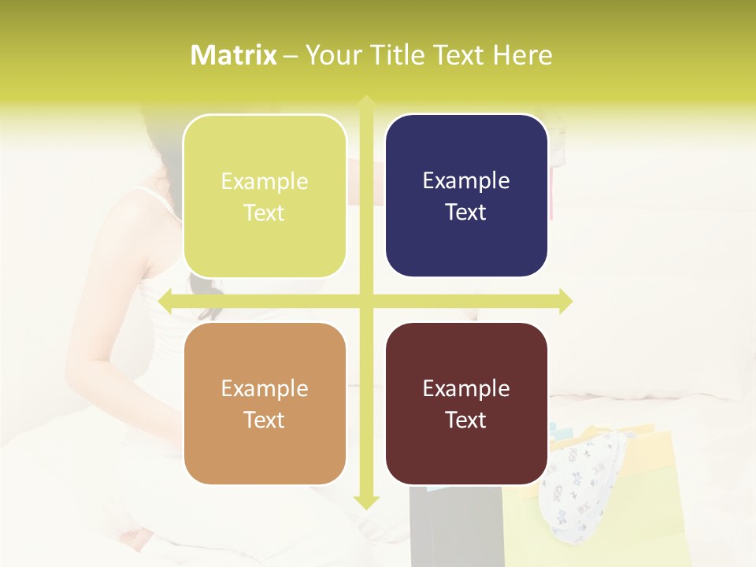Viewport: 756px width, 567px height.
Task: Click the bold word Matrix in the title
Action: point(234,55)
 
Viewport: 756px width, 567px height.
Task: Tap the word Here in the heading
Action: point(522,55)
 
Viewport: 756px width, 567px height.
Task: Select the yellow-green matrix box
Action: point(265,196)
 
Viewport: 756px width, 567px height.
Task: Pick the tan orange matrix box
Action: point(265,404)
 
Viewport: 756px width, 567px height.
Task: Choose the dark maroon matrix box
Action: point(466,403)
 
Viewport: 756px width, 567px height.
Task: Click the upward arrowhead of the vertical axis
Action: point(366,102)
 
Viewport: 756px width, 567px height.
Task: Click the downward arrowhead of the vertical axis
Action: point(366,502)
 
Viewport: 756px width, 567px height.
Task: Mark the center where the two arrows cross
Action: point(366,301)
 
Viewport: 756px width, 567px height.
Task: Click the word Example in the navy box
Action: point(466,181)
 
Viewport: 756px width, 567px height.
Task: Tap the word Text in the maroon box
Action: point(466,420)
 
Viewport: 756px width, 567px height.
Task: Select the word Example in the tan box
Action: point(265,389)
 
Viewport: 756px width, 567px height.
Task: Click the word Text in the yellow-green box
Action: point(265,213)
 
